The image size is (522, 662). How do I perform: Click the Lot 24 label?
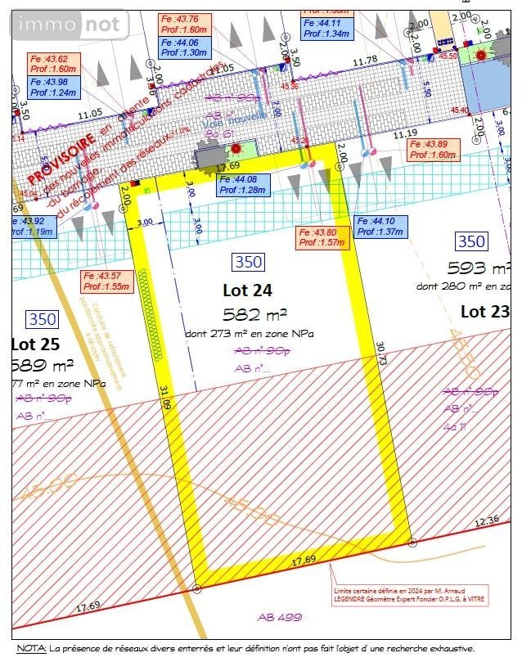(x=247, y=290)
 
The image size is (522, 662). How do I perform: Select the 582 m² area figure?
(x=255, y=315)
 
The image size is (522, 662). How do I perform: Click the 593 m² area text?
(x=479, y=268)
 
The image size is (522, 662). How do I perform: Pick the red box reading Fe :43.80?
(x=322, y=237)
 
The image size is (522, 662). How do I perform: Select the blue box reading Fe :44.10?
(x=381, y=227)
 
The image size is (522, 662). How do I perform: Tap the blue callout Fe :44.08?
(x=243, y=184)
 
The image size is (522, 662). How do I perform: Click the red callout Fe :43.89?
(x=434, y=149)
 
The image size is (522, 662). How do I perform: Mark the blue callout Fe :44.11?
(x=327, y=29)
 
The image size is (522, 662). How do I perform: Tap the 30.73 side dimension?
(x=380, y=358)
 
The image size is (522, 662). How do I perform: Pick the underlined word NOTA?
(x=30, y=648)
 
